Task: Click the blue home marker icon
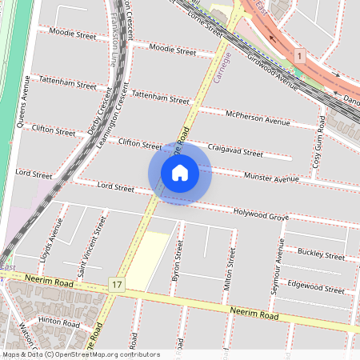pyautogui.click(x=180, y=173)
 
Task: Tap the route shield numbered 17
pyautogui.click(x=118, y=284)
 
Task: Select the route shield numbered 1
pyautogui.click(x=299, y=56)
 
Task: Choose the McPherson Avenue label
pyautogui.click(x=257, y=118)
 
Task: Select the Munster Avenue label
pyautogui.click(x=271, y=178)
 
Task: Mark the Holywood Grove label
pyautogui.click(x=260, y=216)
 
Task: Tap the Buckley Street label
pyautogui.click(x=320, y=254)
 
